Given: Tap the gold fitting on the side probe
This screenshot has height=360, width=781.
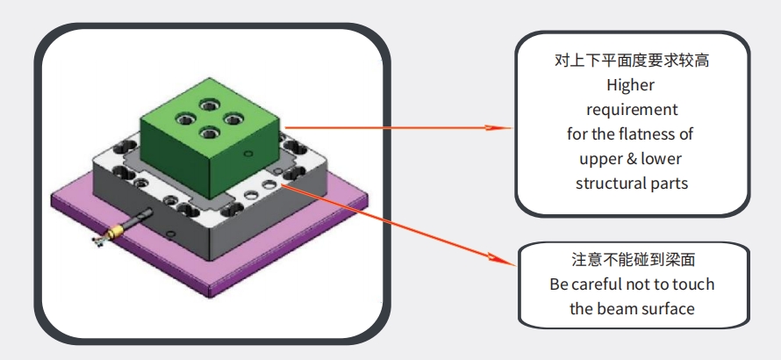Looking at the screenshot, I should [x=111, y=234].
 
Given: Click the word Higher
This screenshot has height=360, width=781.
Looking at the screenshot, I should [x=631, y=86].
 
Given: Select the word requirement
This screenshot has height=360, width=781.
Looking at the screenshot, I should [x=632, y=110].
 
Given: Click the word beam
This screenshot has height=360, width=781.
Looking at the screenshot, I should [x=619, y=308].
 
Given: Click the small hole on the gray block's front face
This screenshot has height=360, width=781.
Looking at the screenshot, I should [x=173, y=233].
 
